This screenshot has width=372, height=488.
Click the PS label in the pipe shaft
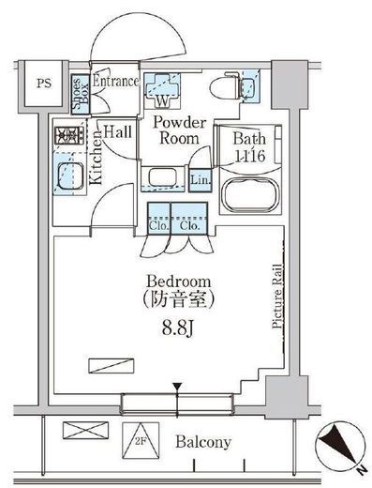tap(44, 84)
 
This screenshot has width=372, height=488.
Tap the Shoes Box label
tap(81, 94)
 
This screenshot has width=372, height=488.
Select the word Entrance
tap(116, 82)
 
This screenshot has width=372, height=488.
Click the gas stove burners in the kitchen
tap(69, 135)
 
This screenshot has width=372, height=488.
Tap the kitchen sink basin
tap(70, 175)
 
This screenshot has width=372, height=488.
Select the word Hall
tap(117, 131)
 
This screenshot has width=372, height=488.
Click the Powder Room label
tap(180, 130)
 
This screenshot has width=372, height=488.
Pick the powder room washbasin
tap(163, 176)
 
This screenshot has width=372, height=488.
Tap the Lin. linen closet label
tap(201, 180)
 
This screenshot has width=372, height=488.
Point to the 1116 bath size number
tap(250, 156)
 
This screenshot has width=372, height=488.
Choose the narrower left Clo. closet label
tap(159, 225)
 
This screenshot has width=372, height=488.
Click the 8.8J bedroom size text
tap(178, 328)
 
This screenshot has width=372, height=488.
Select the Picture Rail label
tap(277, 297)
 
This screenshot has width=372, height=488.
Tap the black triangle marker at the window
tap(177, 387)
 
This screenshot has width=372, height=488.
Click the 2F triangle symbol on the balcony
tap(141, 440)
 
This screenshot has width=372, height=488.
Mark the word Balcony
tap(203, 442)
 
